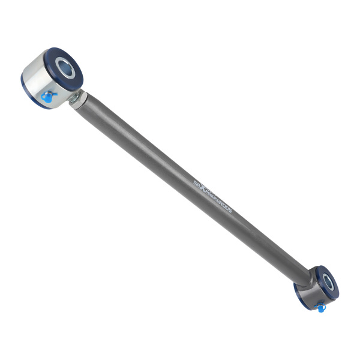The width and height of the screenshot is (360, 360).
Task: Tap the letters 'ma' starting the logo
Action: pyautogui.click(x=197, y=181)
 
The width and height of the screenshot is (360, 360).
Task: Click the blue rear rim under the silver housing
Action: pyautogui.click(x=30, y=94)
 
